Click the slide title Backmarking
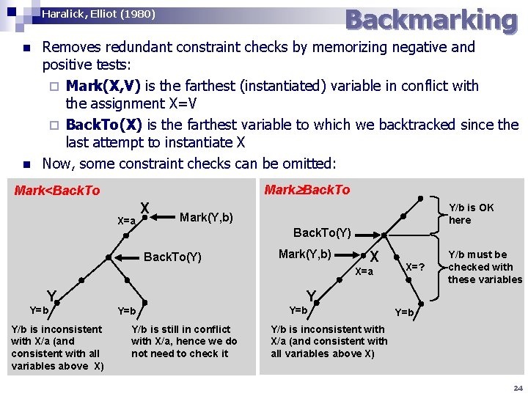(430, 20)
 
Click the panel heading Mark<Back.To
(57, 191)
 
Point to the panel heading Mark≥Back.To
(307, 190)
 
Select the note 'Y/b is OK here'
(471, 213)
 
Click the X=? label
(416, 267)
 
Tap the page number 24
(518, 388)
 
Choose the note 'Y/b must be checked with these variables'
(485, 267)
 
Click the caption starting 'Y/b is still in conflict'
(184, 341)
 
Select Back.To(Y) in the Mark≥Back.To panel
(322, 233)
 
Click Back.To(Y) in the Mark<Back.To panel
(172, 257)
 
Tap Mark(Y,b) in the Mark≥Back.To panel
(305, 254)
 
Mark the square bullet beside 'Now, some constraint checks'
(26, 164)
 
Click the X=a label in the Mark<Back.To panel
(127, 221)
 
